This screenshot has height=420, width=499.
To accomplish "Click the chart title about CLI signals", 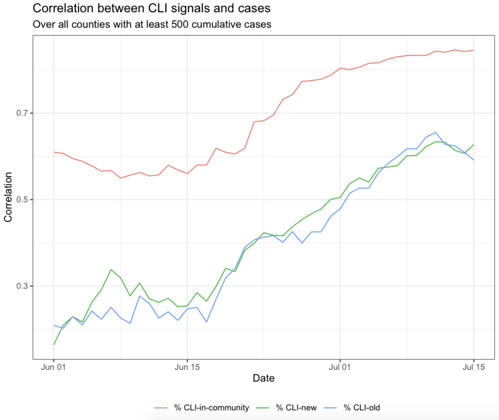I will (151, 8).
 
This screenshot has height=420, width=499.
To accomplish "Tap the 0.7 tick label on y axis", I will (22, 113).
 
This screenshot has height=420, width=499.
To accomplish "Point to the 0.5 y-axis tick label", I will (22, 200).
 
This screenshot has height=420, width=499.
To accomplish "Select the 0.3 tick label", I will (22, 286).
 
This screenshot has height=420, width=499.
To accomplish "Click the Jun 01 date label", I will (53, 367).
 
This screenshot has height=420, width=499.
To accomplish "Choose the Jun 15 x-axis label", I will (187, 367).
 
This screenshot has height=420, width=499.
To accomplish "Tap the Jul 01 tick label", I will (340, 367).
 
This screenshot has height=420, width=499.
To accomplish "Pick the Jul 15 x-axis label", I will (474, 367).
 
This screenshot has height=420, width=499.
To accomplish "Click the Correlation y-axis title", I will (8, 197).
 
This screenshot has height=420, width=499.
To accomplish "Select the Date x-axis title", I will (263, 378).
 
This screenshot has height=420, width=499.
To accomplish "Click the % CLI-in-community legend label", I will (211, 407).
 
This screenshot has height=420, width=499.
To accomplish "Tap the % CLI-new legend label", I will (296, 407).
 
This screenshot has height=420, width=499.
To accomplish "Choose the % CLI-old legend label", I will (362, 407).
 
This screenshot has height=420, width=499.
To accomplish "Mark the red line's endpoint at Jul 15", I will (474, 50).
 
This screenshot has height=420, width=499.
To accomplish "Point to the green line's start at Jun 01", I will (54, 344).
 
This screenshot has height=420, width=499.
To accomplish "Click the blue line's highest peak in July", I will (435, 132).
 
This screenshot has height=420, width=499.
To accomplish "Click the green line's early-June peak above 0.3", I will (111, 270).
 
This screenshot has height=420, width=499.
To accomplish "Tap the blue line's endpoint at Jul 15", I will (474, 160).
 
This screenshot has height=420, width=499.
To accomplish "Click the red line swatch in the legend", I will (161, 407).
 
